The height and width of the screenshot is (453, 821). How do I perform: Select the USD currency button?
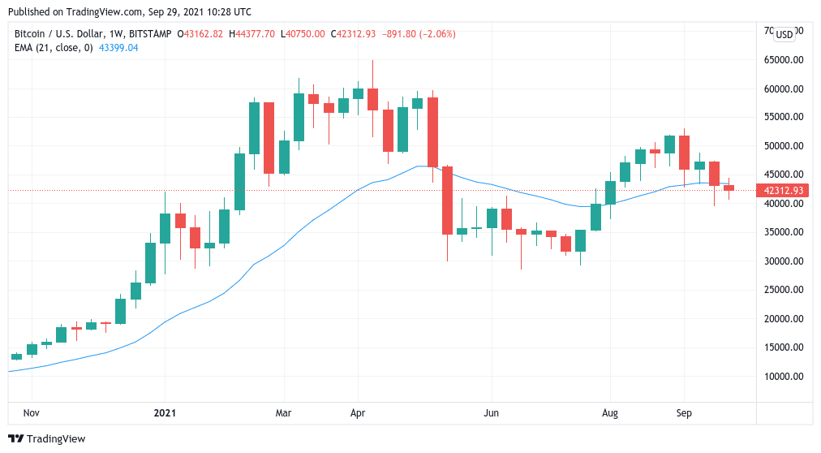(784, 34)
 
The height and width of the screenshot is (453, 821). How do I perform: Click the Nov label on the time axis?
(31, 413)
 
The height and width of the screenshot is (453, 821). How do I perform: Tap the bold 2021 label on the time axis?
(164, 413)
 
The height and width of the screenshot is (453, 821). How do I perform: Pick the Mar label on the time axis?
(282, 413)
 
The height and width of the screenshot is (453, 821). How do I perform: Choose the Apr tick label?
(357, 413)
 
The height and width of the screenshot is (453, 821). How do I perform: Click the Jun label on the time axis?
(490, 413)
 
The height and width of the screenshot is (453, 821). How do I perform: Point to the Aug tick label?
(609, 413)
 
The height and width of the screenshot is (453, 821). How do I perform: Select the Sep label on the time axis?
(683, 413)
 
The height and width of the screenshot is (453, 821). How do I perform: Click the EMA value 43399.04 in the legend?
(119, 48)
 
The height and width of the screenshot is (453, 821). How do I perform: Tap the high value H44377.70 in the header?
(253, 34)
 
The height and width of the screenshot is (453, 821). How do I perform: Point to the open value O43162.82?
(196, 34)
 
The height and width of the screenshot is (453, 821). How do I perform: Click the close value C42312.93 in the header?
(359, 34)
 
